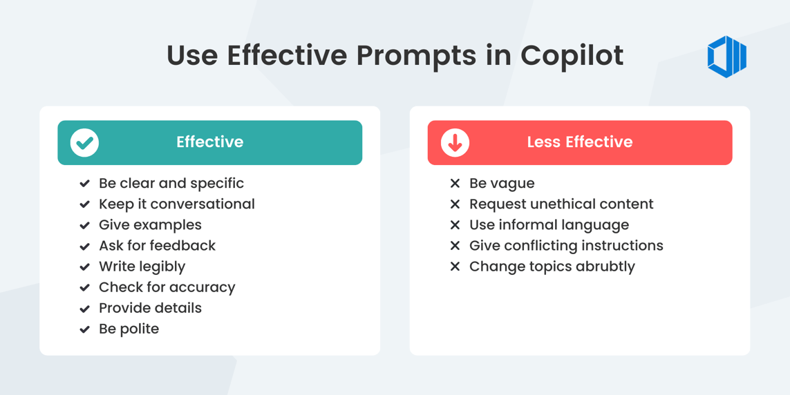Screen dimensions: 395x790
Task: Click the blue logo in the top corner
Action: [x=726, y=57]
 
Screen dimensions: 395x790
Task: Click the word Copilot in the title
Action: [x=572, y=56]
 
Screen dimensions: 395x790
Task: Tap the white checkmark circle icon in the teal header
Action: [x=84, y=143]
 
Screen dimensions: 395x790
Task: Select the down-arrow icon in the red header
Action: [x=455, y=143]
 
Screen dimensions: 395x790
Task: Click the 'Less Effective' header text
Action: [x=579, y=142]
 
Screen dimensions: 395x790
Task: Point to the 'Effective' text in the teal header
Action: [x=209, y=142]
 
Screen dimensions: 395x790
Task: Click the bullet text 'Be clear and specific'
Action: [x=171, y=184]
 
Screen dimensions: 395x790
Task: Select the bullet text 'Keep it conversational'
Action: [x=176, y=204]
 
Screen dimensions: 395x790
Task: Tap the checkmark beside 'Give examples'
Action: [x=84, y=225]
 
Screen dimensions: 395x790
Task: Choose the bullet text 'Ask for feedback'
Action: [x=157, y=246]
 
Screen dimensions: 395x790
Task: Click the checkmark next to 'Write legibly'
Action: [x=84, y=267]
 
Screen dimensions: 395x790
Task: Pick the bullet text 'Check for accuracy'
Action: [x=167, y=287]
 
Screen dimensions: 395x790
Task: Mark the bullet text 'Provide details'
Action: [x=150, y=308]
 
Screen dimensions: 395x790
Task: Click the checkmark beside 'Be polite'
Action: [x=84, y=329]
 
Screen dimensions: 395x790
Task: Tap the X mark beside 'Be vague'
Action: [x=455, y=184]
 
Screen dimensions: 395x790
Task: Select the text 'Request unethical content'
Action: [x=561, y=204]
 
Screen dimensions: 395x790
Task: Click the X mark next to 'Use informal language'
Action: [x=455, y=225]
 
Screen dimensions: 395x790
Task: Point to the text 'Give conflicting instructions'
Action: [x=565, y=246]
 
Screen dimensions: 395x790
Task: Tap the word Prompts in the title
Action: [x=415, y=56]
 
